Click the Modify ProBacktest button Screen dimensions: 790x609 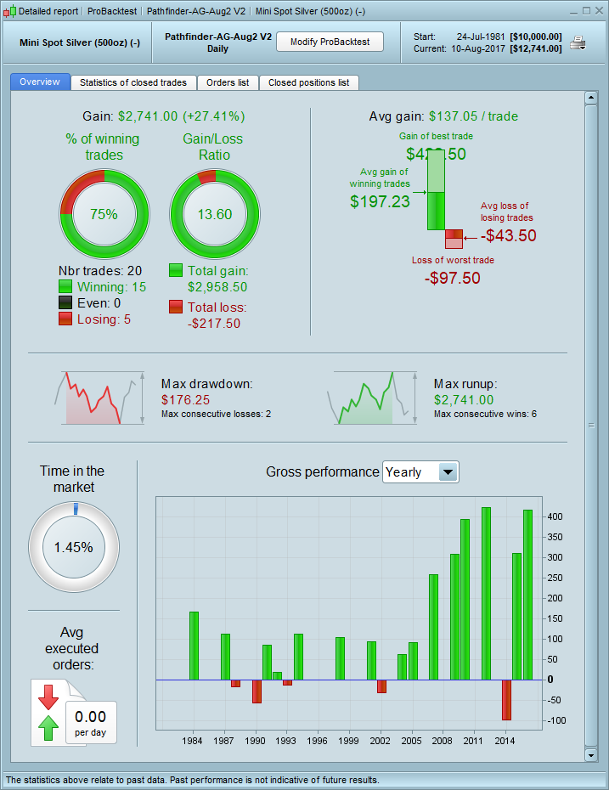tap(330, 42)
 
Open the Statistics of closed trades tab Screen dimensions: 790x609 tap(133, 82)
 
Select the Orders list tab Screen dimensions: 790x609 tap(228, 82)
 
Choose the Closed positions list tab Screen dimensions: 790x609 tap(308, 82)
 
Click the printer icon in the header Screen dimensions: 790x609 tap(578, 43)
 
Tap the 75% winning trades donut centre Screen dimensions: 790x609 tap(104, 215)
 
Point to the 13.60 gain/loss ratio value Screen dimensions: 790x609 tap(214, 215)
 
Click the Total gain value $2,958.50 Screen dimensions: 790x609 tap(219, 287)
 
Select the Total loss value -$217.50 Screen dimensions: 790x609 tap(214, 323)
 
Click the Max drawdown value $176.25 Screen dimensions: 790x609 tap(185, 399)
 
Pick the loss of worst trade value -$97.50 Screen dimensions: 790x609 tap(452, 278)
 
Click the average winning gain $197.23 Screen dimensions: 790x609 tap(380, 201)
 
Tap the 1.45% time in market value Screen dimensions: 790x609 tap(73, 547)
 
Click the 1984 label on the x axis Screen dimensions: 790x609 tap(193, 741)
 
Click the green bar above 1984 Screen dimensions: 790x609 tap(194, 646)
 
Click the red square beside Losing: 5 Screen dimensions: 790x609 tap(65, 319)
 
